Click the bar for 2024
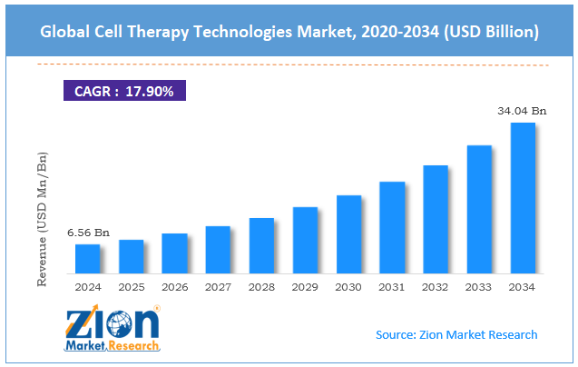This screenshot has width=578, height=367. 87,259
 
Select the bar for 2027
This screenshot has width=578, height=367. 218,250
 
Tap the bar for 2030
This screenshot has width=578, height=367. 348,234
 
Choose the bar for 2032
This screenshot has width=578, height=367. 436,219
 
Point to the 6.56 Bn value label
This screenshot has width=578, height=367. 89,233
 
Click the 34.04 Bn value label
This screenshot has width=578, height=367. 522,111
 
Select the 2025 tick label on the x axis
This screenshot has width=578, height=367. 132,287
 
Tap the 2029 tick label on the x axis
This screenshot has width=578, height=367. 305,287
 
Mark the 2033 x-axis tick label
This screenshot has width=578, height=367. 479,287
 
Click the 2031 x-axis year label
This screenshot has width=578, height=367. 392,287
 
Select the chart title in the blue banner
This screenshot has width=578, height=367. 289,33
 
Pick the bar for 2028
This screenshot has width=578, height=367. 261,245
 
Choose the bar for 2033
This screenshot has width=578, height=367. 479,209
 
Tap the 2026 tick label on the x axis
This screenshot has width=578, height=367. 174,287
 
